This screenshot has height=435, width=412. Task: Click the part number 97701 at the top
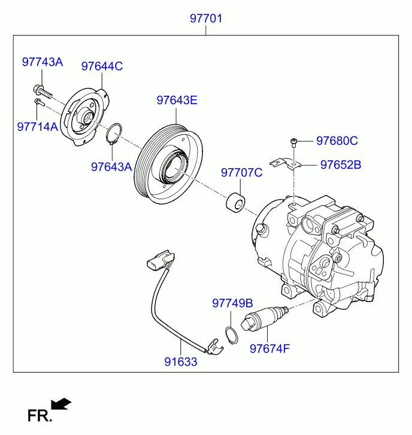click(206, 19)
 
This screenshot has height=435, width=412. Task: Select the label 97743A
click(43, 62)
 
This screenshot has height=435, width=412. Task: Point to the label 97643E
click(177, 100)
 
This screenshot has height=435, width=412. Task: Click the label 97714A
click(37, 126)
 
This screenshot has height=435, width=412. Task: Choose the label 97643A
click(111, 167)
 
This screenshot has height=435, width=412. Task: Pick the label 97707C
click(242, 173)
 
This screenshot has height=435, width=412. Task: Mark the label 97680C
click(337, 141)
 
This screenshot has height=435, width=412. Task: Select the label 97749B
click(232, 303)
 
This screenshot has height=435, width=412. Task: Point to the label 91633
click(182, 362)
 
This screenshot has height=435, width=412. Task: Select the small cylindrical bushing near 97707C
click(234, 203)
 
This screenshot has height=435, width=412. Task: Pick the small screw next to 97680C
click(293, 142)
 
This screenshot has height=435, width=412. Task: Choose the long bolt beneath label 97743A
click(43, 92)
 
